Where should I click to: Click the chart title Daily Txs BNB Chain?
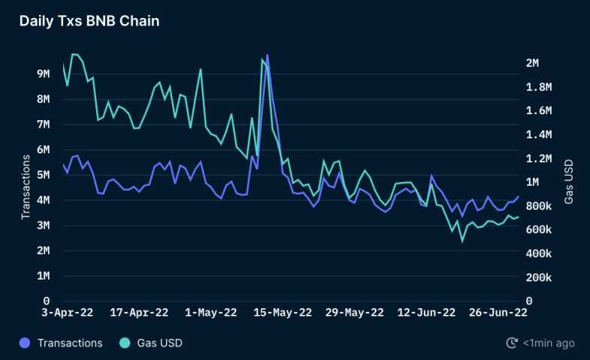click(x=89, y=21)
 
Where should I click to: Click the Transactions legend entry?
click(x=69, y=343)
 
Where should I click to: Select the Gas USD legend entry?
click(x=159, y=343)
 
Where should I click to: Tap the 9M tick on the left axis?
click(x=43, y=74)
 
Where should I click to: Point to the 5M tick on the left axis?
click(x=43, y=174)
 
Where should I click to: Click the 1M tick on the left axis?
click(x=43, y=276)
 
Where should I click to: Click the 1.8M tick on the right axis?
click(x=537, y=87)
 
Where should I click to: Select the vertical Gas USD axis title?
click(x=569, y=180)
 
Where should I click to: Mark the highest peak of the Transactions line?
click(x=268, y=55)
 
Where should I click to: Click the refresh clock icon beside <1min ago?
click(x=512, y=343)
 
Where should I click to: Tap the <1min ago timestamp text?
click(x=549, y=343)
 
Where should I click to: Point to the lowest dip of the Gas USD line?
click(x=462, y=241)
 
